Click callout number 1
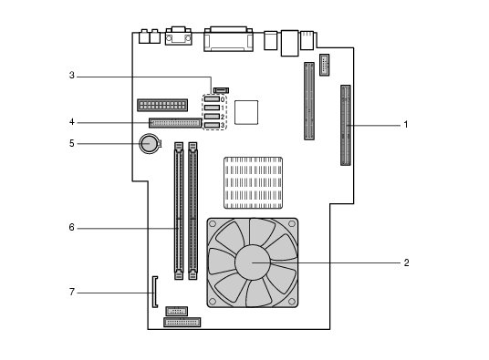[406, 125]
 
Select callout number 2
[406, 262]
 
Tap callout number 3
[72, 76]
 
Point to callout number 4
[72, 122]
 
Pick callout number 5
[72, 143]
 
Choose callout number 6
[72, 228]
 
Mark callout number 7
[72, 293]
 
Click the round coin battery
[150, 144]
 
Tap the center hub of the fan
[253, 262]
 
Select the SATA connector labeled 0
[212, 99]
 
